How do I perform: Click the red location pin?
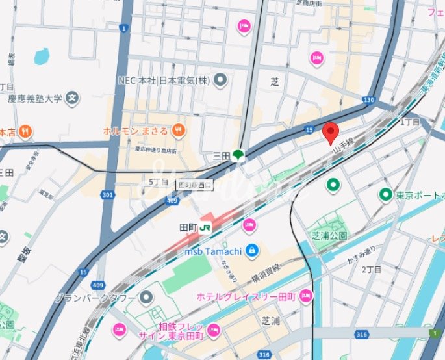pos(331,133)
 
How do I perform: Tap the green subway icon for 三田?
pos(238,155)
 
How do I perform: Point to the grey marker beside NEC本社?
pos(221,81)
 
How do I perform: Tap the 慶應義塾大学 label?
pos(35,99)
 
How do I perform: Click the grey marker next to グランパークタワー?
pos(147,298)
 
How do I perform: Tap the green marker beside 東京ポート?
pos(386,194)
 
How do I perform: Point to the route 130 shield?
pos(369,99)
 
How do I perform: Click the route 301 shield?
pos(108,194)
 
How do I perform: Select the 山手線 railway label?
pos(342,146)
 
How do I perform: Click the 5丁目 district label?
pos(159,182)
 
